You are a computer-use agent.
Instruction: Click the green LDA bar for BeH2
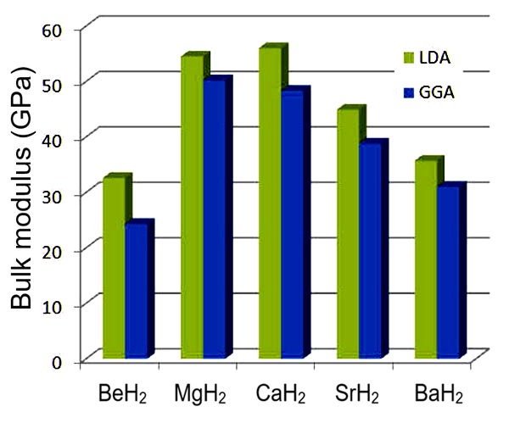click(114, 267)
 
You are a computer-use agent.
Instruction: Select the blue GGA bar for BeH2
click(136, 290)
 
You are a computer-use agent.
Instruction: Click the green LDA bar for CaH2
click(271, 203)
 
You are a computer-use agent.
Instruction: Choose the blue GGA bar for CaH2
click(292, 225)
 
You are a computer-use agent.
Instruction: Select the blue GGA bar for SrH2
click(370, 251)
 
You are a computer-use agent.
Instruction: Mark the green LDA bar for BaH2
click(426, 259)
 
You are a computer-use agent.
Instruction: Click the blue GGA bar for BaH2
click(448, 271)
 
